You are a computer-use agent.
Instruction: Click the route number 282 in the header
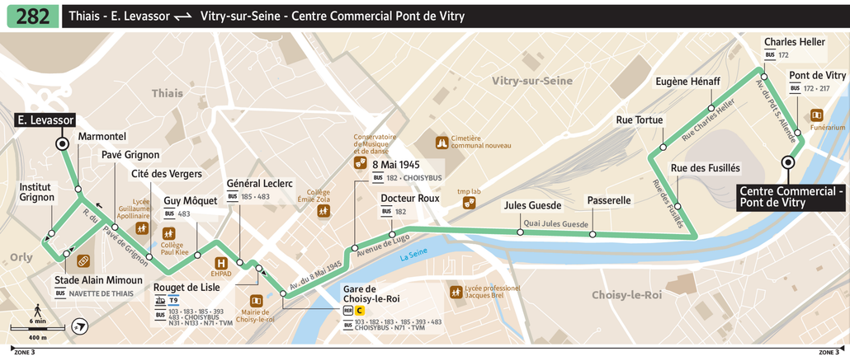pyautogui.click(x=32, y=16)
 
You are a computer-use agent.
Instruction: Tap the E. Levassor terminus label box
pyautogui.click(x=46, y=120)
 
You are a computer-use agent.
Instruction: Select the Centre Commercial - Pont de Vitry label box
pyautogui.click(x=792, y=196)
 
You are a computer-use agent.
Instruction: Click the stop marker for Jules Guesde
pyautogui.click(x=520, y=232)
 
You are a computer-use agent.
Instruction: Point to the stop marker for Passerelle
pyautogui.click(x=593, y=235)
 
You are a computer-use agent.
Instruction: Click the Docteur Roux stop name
pyautogui.click(x=410, y=199)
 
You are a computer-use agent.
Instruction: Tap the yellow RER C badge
pyautogui.click(x=359, y=311)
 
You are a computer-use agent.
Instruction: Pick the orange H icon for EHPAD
pyautogui.click(x=220, y=263)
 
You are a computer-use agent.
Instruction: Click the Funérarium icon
pyautogui.click(x=816, y=115)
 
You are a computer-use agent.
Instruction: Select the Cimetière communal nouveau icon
pyautogui.click(x=442, y=143)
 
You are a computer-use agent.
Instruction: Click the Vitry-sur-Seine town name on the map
pyautogui.click(x=531, y=80)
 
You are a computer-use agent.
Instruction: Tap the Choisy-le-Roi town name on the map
pyautogui.click(x=626, y=294)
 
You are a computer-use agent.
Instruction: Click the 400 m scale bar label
pyautogui.click(x=37, y=338)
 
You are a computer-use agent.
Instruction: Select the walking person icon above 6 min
pyautogui.click(x=37, y=309)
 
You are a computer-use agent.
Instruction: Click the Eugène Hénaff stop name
pyautogui.click(x=687, y=82)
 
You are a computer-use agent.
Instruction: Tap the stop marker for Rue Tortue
pyautogui.click(x=663, y=148)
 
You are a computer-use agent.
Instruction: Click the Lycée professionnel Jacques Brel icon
pyautogui.click(x=456, y=292)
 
